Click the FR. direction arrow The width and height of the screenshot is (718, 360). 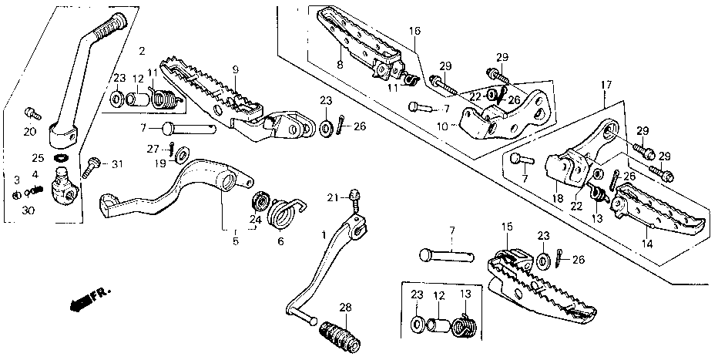point(89,300)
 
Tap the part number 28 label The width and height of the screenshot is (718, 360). point(346,307)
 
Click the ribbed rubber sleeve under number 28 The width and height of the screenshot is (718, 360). point(341,336)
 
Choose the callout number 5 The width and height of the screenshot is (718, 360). point(236,242)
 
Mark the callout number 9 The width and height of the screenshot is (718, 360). point(236,69)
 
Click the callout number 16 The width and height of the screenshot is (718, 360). point(414,31)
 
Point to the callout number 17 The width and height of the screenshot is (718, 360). point(606,86)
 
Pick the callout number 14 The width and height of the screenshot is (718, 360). point(647,244)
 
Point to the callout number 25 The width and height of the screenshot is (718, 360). point(38,159)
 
